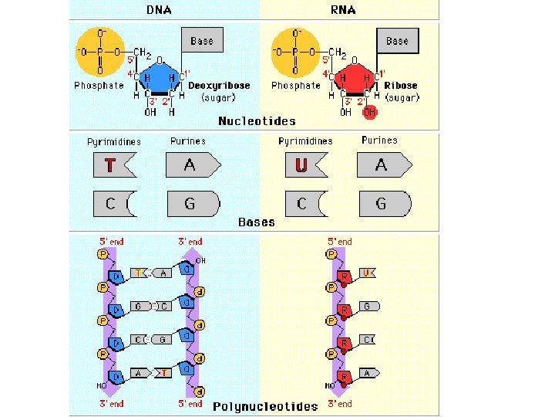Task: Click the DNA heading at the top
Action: coord(160,10)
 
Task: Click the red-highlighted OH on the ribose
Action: coord(371,112)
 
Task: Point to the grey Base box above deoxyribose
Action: coord(202,40)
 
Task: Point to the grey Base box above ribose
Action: coord(397,40)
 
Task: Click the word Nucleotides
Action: coord(257,121)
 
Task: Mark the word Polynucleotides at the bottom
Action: coord(265,406)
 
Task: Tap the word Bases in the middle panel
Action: coord(257,222)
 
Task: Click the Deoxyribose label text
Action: coord(220,86)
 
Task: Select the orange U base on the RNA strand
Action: coord(368,273)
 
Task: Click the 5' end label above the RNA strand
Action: coord(340,242)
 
